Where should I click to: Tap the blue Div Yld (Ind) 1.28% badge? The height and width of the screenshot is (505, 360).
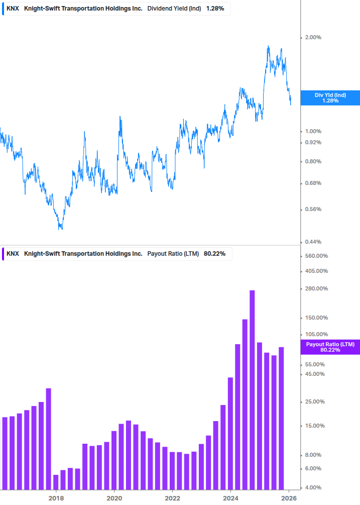pyautogui.click(x=330, y=98)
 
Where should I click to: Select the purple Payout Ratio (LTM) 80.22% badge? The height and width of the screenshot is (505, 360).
pyautogui.click(x=330, y=347)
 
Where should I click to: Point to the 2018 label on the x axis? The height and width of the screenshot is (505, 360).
pyautogui.click(x=56, y=497)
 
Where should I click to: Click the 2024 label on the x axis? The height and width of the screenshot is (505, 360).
pyautogui.click(x=230, y=497)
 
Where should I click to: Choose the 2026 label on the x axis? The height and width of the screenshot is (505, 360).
pyautogui.click(x=289, y=497)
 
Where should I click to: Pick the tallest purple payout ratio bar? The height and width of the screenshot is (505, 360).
pyautogui.click(x=252, y=389)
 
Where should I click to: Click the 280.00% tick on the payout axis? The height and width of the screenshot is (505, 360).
pyautogui.click(x=316, y=288)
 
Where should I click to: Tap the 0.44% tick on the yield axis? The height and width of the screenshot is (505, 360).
pyautogui.click(x=313, y=242)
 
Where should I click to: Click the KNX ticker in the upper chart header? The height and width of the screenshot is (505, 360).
pyautogui.click(x=13, y=9)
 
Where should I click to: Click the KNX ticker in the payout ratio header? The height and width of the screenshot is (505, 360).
pyautogui.click(x=13, y=254)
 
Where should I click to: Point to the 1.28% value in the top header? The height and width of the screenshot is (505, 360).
pyautogui.click(x=215, y=9)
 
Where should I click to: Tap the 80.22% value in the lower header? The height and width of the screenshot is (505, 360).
pyautogui.click(x=214, y=254)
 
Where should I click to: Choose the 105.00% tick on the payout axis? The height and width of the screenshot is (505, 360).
pyautogui.click(x=316, y=334)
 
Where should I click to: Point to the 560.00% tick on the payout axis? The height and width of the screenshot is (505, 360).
pyautogui.click(x=316, y=256)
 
